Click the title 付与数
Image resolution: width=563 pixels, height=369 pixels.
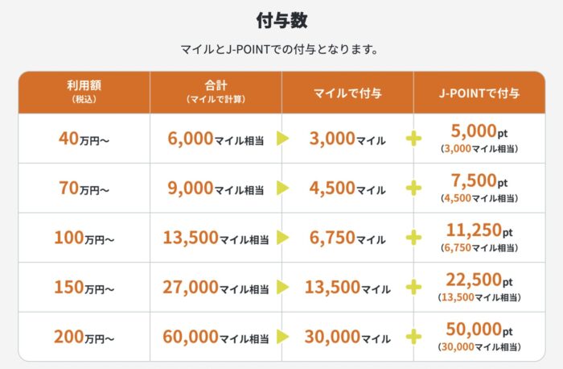click(281, 19)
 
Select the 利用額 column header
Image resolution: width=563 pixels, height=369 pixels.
click(84, 91)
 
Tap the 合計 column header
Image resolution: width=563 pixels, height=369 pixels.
click(215, 91)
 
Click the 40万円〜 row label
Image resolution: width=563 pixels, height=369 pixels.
click(84, 139)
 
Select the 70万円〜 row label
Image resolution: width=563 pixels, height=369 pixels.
click(84, 189)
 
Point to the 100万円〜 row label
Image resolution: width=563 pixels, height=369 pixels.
click(84, 238)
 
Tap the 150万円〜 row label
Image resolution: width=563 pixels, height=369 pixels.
click(84, 288)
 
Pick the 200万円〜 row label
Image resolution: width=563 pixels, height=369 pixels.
click(84, 337)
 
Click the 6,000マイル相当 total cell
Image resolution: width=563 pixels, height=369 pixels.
click(216, 139)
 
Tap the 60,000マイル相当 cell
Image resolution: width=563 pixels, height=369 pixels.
click(216, 337)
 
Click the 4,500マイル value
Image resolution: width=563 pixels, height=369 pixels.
click(347, 189)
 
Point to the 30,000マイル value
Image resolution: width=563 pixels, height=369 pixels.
click(347, 337)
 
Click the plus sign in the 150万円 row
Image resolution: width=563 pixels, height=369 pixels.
click(414, 288)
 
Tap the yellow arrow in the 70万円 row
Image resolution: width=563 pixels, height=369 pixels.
click(282, 189)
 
